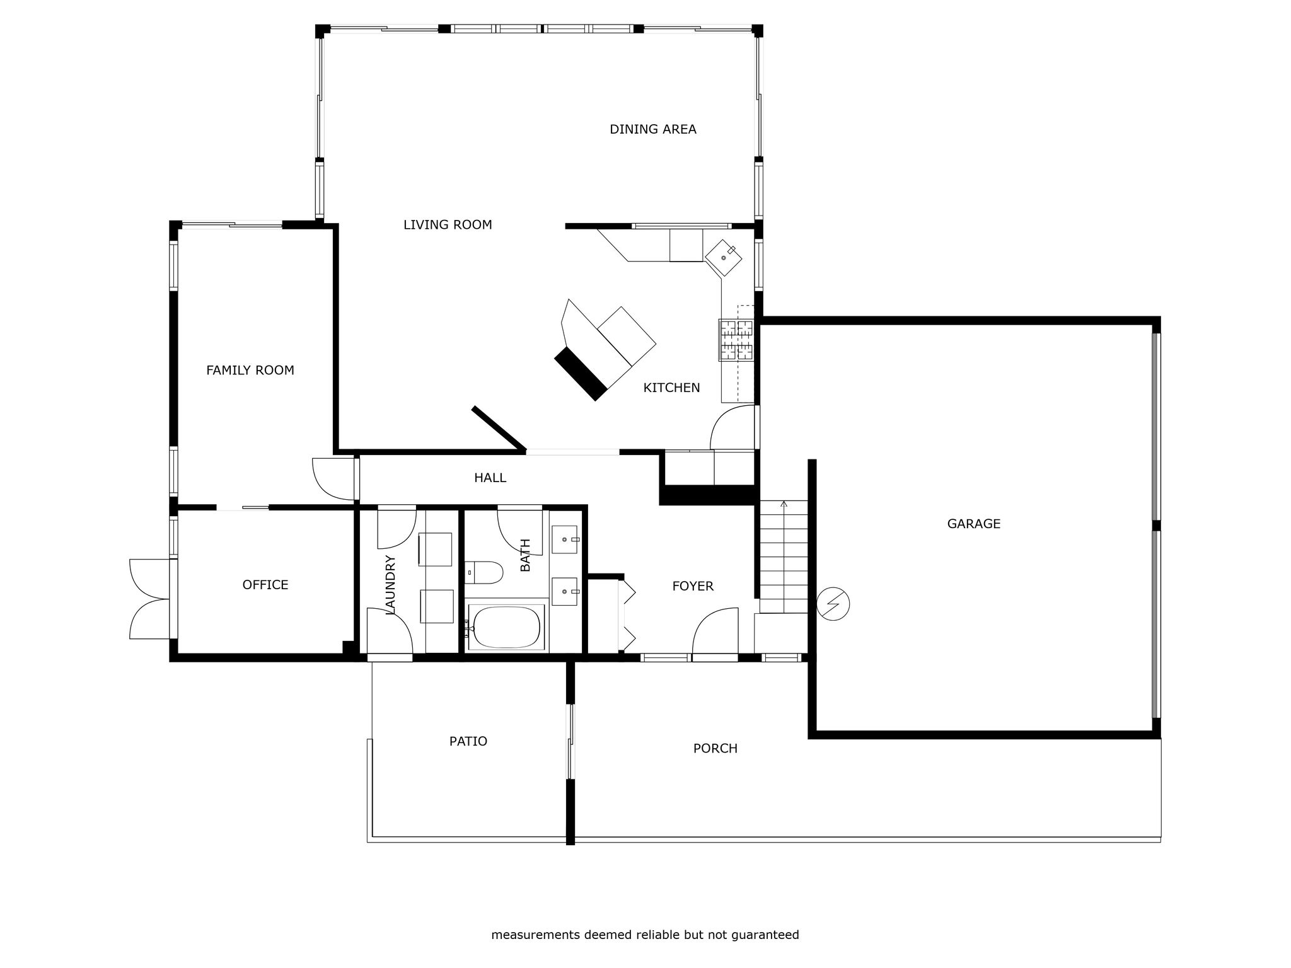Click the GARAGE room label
point(973,524)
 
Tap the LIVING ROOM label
point(448,225)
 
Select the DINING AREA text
point(653,129)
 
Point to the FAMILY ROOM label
point(250,371)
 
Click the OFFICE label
point(265,585)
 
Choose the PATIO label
point(468,742)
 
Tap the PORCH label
point(715,749)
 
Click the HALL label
point(490,478)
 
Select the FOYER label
point(693,587)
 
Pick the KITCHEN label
point(671,388)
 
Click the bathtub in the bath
point(506,628)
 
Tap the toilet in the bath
point(484,573)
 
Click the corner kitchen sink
point(723,258)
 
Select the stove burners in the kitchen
point(736,340)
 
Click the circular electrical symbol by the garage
point(833,604)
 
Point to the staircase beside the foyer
point(784,556)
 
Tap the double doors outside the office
point(149,599)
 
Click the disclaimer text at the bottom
point(645,935)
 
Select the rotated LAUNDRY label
point(390,584)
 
